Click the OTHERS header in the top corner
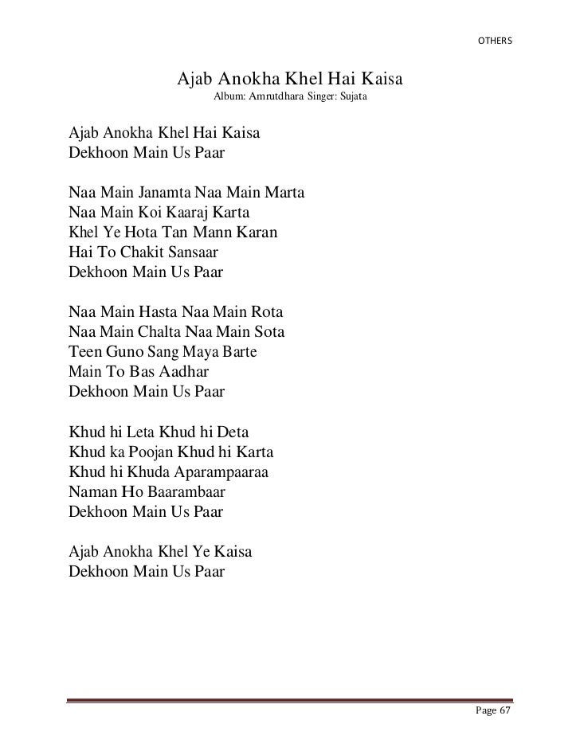point(495,40)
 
